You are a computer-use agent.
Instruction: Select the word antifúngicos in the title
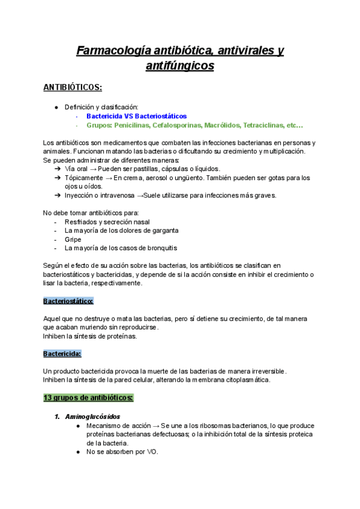(x=180, y=66)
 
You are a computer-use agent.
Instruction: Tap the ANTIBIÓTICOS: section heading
(x=73, y=88)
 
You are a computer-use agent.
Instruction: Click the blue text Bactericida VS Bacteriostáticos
(x=136, y=116)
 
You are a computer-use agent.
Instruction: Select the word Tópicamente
(x=85, y=178)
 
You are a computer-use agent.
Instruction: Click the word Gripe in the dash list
(x=73, y=239)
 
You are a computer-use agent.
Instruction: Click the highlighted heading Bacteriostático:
(x=68, y=301)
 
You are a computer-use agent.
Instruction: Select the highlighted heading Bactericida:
(x=62, y=354)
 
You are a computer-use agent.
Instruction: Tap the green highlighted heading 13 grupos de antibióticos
(x=88, y=398)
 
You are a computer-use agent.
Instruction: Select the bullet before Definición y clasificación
(x=56, y=107)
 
